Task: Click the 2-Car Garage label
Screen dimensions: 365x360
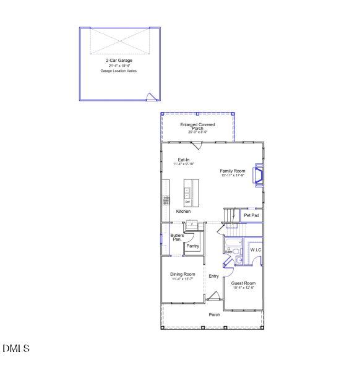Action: (x=119, y=61)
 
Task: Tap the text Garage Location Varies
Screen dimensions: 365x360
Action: (x=119, y=71)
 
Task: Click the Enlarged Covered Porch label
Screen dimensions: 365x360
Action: (x=198, y=126)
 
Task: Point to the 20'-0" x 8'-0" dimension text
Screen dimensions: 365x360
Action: (x=198, y=132)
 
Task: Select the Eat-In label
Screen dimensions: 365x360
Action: (x=184, y=160)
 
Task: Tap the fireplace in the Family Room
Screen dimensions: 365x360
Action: (x=260, y=176)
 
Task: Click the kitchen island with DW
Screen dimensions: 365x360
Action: (x=191, y=192)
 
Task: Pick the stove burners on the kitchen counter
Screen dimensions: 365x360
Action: (x=166, y=200)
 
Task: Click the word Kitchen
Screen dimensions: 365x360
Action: (x=183, y=212)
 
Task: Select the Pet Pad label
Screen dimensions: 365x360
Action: (x=252, y=215)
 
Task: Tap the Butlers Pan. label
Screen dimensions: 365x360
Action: (x=177, y=237)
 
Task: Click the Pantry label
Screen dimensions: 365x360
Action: (x=192, y=246)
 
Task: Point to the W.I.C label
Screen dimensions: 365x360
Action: (x=255, y=250)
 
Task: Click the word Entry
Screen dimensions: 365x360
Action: (x=214, y=276)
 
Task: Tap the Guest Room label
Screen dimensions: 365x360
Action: (x=244, y=283)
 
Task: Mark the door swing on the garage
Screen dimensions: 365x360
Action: (x=150, y=96)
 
